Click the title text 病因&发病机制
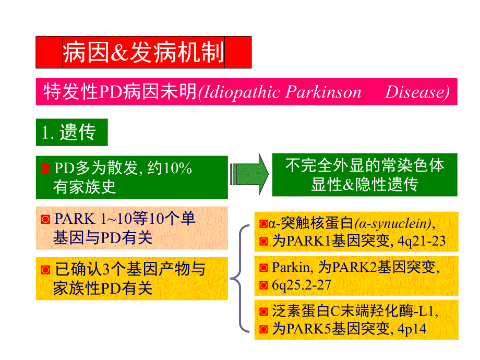point(143,53)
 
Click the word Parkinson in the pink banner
point(323,92)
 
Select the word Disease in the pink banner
point(417,92)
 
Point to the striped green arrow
point(249,174)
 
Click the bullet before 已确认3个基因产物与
point(45,270)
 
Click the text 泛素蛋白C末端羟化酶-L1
point(354,311)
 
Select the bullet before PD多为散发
point(45,169)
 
